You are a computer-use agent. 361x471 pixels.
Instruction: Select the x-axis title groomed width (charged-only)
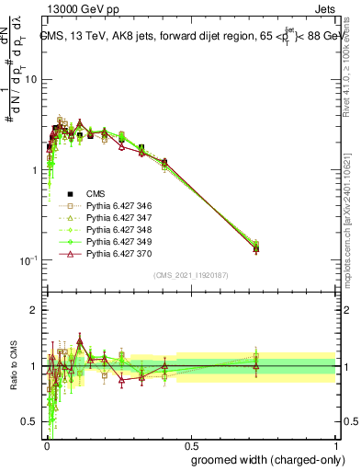262,458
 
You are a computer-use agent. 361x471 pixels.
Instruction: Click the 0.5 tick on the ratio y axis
30,422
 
